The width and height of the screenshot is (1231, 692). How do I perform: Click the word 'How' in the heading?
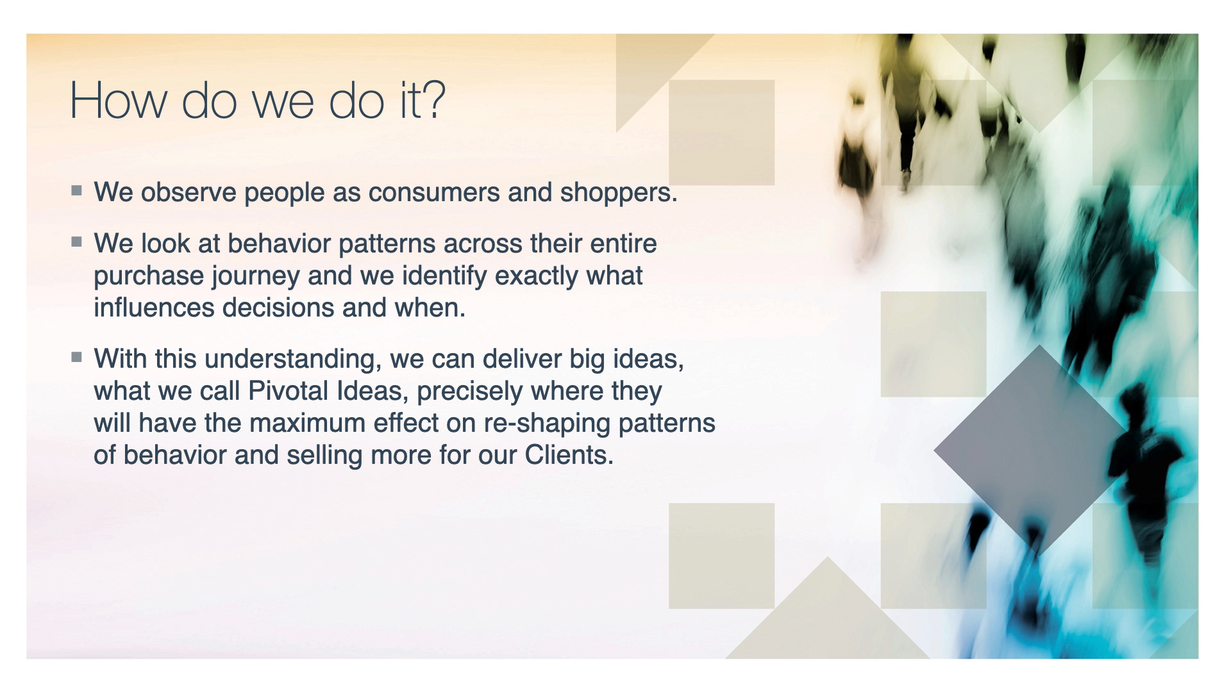point(119,100)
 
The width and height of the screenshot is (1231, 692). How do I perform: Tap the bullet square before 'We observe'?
point(77,190)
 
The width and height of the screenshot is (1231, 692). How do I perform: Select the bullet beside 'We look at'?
point(77,242)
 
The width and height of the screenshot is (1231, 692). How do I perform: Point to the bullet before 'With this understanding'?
point(77,357)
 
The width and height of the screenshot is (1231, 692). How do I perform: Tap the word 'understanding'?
point(289,359)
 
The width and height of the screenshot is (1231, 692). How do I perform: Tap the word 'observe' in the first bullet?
point(189,192)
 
